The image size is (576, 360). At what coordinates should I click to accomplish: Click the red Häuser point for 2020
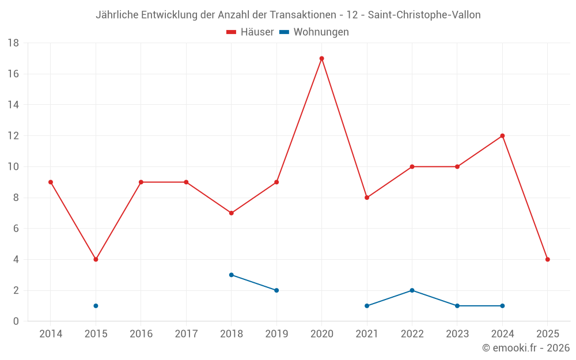coord(321,58)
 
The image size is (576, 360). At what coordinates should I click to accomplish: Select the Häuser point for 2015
coord(96,259)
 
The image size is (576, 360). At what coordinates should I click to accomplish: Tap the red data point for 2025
coord(547,259)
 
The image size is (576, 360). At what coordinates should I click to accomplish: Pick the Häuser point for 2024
coord(502,136)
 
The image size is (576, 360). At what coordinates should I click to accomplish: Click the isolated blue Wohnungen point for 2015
coord(96,306)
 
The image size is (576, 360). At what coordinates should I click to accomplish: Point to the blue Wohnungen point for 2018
coord(231,275)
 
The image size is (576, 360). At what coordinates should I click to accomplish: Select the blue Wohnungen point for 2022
coord(412,290)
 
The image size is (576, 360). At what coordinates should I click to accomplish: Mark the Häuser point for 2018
coord(231,213)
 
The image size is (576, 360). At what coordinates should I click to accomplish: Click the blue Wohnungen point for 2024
coord(502,306)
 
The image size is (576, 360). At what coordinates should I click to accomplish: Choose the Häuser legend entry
coord(250,32)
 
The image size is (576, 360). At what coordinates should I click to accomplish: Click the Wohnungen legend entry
coord(314,32)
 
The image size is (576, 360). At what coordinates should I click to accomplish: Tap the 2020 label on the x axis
coord(321,334)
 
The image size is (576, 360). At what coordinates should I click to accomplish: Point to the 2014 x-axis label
coord(51,334)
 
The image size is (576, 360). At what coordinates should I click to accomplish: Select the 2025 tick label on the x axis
coord(547,334)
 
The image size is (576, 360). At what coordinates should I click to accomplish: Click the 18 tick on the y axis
coord(13,43)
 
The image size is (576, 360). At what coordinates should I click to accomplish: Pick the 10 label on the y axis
coord(13,167)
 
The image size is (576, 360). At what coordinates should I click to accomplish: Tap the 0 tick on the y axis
coord(16,321)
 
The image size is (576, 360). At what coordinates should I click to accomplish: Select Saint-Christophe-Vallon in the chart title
coord(425,15)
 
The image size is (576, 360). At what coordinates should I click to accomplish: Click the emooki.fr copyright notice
coord(526,348)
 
